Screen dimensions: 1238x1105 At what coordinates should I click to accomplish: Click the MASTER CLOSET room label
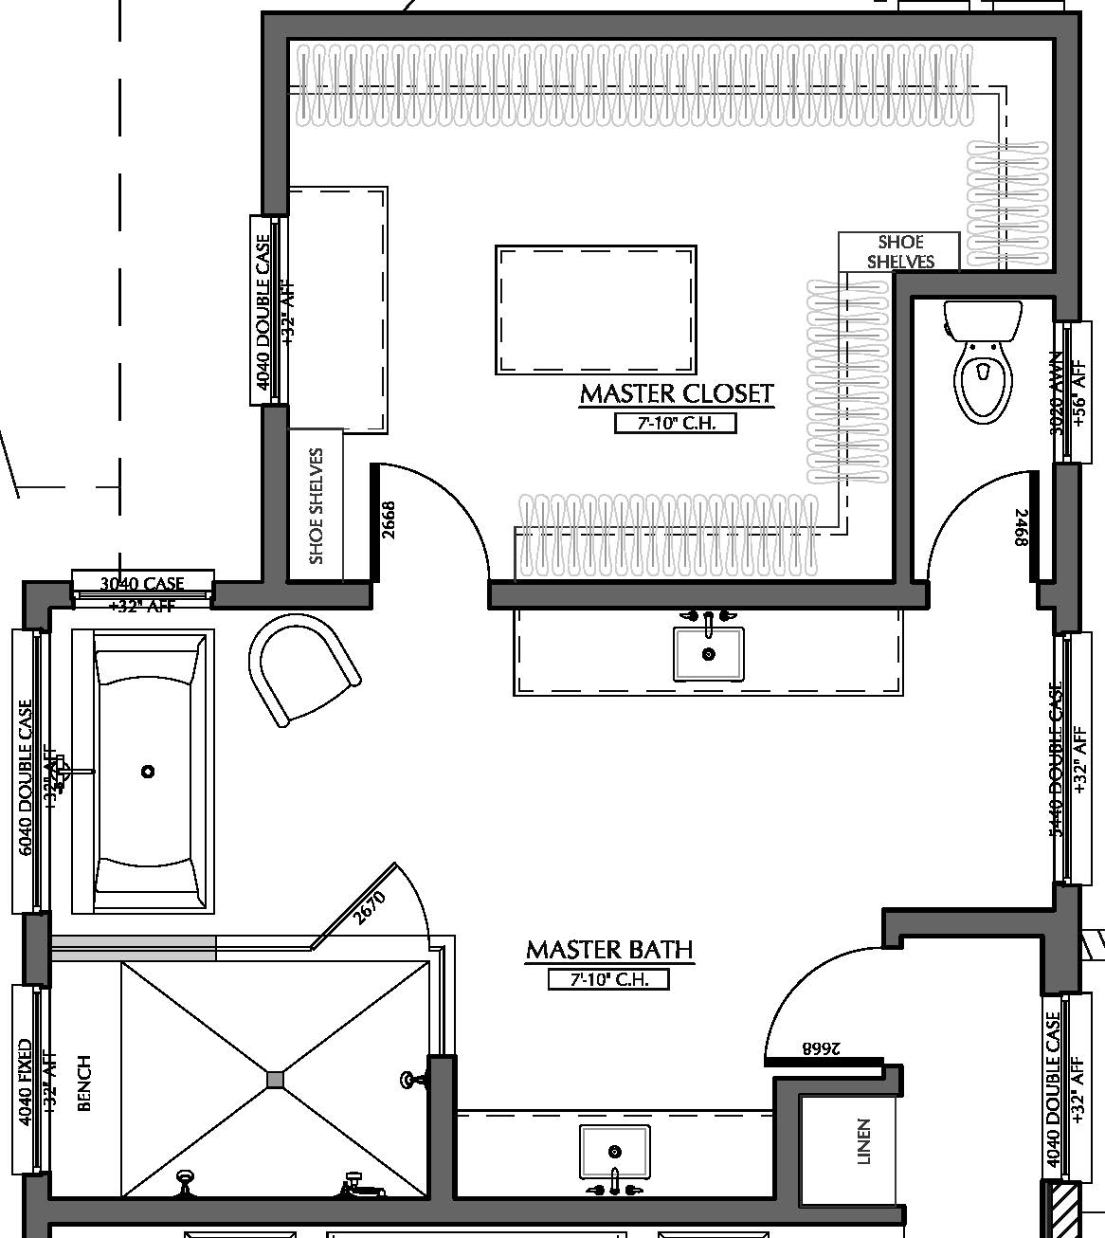676,393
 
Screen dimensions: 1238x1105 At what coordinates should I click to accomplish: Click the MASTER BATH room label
608,950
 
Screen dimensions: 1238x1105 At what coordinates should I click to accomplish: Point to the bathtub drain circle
148,772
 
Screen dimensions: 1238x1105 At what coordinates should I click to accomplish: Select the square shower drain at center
275,1079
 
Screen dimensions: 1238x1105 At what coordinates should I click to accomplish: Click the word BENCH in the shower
84,1083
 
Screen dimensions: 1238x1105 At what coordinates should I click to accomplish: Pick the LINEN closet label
863,1141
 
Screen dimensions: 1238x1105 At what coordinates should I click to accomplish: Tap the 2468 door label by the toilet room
1021,527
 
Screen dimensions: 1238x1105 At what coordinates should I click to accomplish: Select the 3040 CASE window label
142,583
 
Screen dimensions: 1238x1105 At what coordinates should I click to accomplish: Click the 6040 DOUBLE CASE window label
26,777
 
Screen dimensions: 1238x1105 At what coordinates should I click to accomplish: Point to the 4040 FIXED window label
26,1082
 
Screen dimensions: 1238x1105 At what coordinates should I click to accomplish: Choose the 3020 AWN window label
1058,392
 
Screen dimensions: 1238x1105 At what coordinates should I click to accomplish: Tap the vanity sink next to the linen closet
615,1151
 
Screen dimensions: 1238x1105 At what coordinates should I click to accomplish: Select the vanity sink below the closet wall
708,653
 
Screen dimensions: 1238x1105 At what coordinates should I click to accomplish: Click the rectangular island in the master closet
596,310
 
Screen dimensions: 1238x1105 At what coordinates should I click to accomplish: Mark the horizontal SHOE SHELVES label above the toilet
899,251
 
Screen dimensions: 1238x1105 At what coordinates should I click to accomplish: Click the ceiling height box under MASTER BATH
608,979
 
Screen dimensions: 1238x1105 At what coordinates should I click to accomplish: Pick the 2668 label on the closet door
388,519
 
